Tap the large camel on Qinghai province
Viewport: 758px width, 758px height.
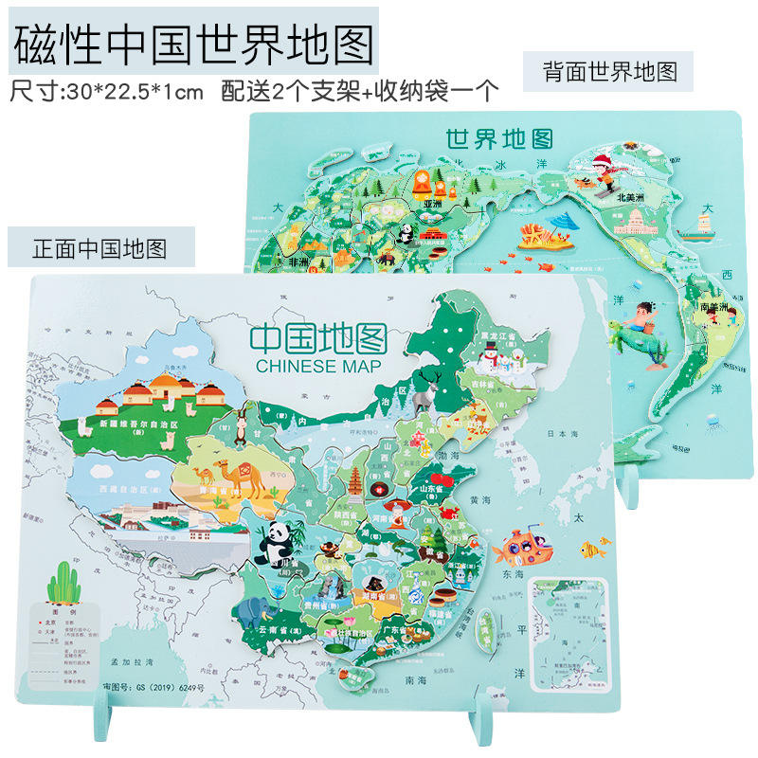tap(228, 473)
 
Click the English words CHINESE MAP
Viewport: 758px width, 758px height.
tap(309, 366)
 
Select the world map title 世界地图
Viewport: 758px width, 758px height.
tap(499, 139)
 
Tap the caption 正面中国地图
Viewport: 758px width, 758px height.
tap(99, 248)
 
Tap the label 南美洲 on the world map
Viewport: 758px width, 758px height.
tap(712, 307)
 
